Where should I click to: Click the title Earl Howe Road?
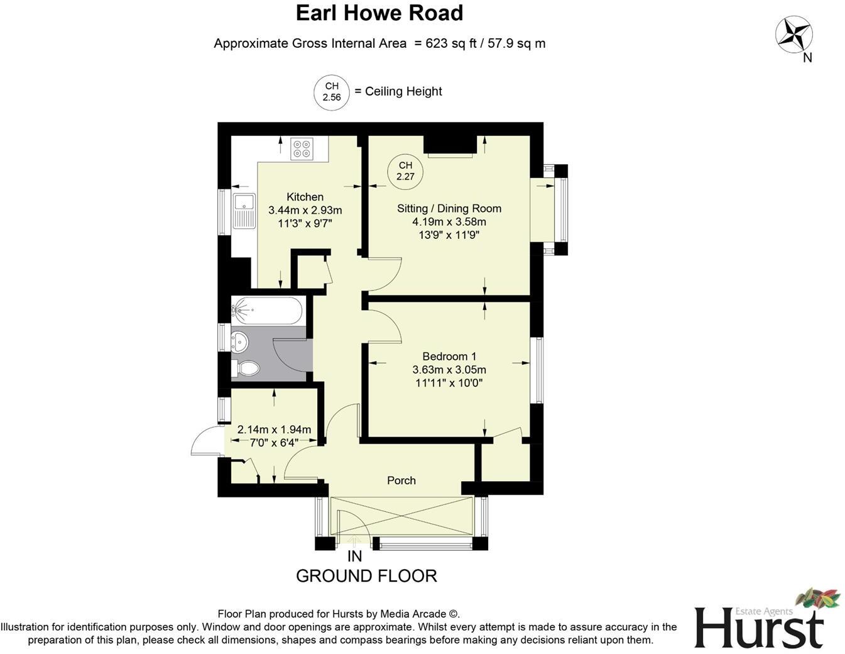click(x=379, y=13)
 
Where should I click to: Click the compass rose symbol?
click(x=793, y=35)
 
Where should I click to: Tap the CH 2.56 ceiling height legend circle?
click(x=331, y=92)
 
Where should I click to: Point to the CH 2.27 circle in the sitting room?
click(x=405, y=171)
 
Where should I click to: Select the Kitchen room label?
click(x=305, y=197)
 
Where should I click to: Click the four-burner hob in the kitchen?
click(x=301, y=148)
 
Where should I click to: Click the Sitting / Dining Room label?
click(x=449, y=208)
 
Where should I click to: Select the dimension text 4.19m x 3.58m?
click(x=449, y=221)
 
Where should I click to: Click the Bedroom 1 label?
click(x=449, y=356)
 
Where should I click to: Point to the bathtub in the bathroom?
click(x=268, y=310)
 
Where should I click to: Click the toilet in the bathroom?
click(x=248, y=369)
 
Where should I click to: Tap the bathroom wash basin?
click(x=239, y=341)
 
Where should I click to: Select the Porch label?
click(x=401, y=480)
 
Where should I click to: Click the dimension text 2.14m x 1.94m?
click(x=274, y=430)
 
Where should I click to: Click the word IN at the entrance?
click(x=354, y=557)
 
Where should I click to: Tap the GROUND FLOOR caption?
click(x=366, y=576)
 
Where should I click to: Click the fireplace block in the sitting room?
click(x=449, y=145)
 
